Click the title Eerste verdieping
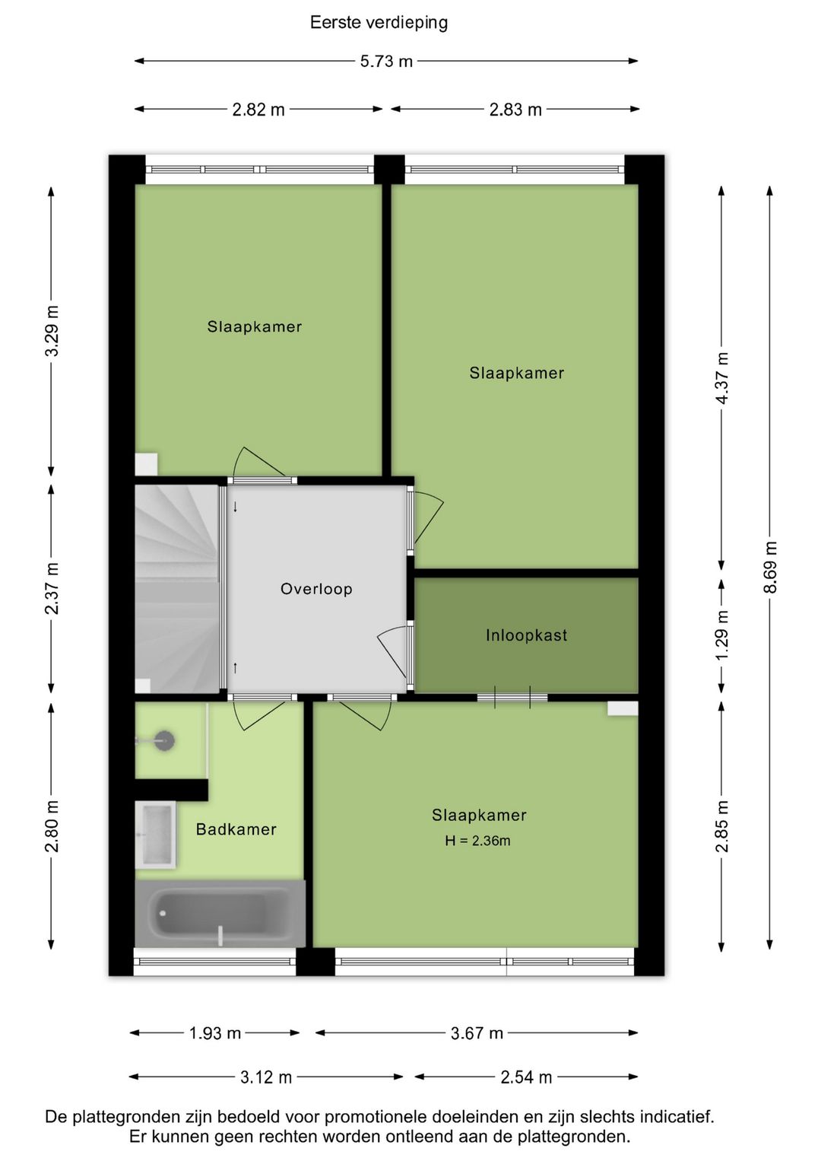(379, 22)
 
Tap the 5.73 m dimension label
(386, 61)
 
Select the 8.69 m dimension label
(770, 568)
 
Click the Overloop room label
(316, 589)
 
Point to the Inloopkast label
(526, 635)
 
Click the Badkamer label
(236, 829)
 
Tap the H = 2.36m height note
(477, 841)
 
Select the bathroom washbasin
(156, 835)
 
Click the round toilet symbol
(163, 740)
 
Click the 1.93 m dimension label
(215, 1033)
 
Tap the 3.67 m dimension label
(477, 1033)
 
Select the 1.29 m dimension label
(722, 635)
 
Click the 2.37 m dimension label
(52, 589)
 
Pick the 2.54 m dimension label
(526, 1077)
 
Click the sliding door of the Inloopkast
(512, 696)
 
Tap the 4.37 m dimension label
(722, 378)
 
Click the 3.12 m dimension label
(266, 1077)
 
